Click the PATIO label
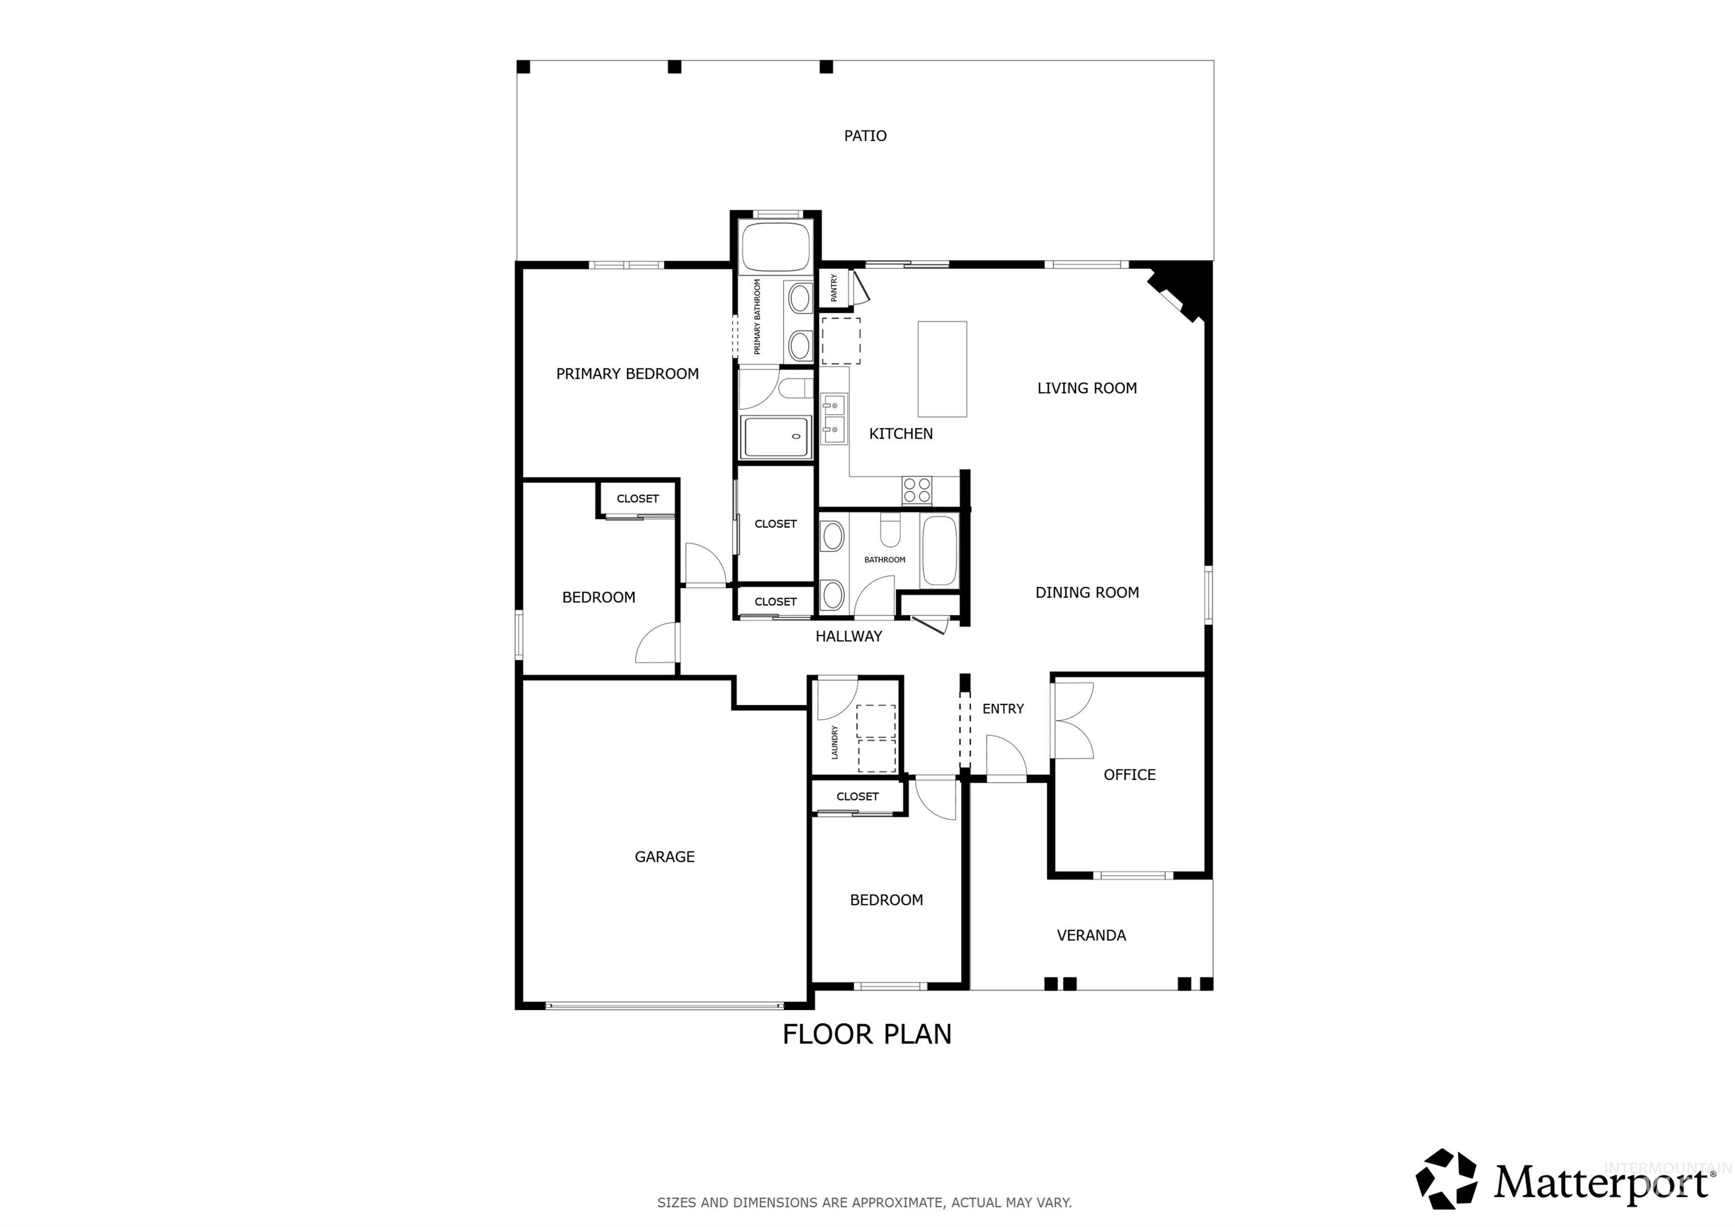(x=865, y=136)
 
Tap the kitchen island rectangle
(x=942, y=369)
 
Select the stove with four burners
(x=917, y=490)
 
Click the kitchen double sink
(x=834, y=419)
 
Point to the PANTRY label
(x=834, y=288)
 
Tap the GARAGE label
(x=664, y=856)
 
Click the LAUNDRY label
(x=835, y=742)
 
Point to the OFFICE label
(x=1130, y=775)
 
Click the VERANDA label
(x=1091, y=935)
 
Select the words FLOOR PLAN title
(x=867, y=1034)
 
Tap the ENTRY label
(x=1002, y=708)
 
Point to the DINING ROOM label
(x=1087, y=593)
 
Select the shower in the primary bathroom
(x=776, y=437)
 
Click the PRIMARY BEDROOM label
(x=627, y=373)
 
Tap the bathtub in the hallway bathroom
(x=939, y=550)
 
